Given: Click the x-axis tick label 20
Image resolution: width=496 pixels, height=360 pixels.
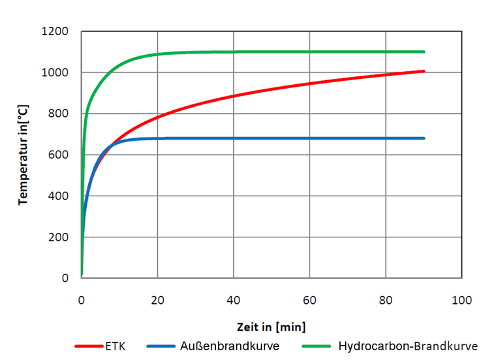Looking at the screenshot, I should pyautogui.click(x=157, y=301).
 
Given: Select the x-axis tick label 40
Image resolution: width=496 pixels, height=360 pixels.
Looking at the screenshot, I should pyautogui.click(x=233, y=301).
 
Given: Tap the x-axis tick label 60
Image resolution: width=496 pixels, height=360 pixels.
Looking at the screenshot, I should pyautogui.click(x=309, y=301).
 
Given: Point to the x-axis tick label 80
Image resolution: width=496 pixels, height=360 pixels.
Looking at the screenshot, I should pyautogui.click(x=386, y=301).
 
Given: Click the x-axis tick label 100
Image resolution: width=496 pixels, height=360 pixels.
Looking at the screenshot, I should pyautogui.click(x=461, y=301).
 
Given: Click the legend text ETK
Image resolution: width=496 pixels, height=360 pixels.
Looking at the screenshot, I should pyautogui.click(x=116, y=345).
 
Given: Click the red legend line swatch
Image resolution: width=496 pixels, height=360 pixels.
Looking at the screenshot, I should pyautogui.click(x=89, y=346).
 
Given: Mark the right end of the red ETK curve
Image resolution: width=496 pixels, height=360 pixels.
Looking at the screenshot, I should pyautogui.click(x=424, y=71).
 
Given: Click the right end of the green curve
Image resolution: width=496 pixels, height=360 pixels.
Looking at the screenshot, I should pyautogui.click(x=424, y=52).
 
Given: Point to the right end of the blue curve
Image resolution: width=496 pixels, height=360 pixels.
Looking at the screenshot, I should pyautogui.click(x=424, y=138).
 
